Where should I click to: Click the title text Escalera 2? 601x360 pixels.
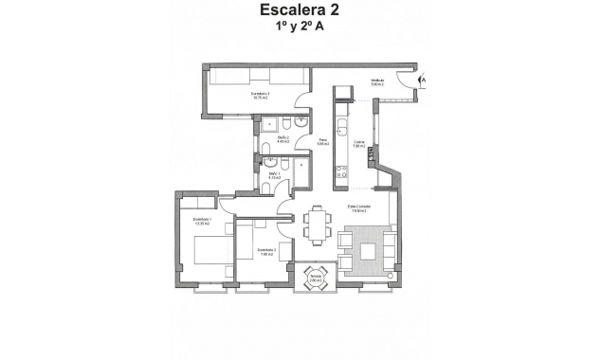[300, 11]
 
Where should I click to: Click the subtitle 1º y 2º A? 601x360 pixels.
[300, 29]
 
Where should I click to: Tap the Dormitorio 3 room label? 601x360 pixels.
[261, 96]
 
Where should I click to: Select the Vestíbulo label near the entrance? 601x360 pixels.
[377, 82]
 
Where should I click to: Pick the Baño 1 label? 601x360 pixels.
[273, 175]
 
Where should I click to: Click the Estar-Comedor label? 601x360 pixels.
[358, 208]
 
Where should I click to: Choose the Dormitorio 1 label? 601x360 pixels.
[202, 222]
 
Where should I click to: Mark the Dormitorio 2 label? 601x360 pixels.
[265, 251]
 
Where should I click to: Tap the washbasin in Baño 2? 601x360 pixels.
[300, 123]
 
